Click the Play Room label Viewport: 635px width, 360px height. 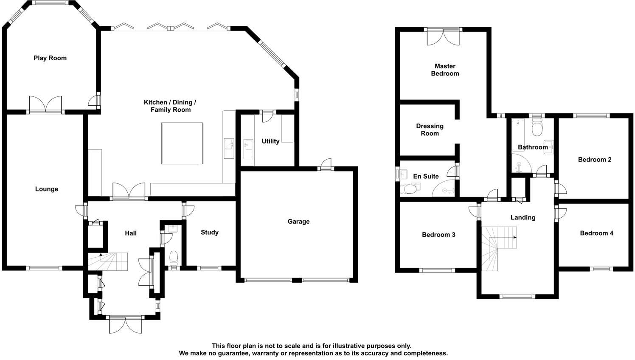point(50,58)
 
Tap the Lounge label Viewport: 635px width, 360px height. point(46,189)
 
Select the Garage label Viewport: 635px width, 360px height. point(298,221)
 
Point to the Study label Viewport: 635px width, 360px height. point(210,232)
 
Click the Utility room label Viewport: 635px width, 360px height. point(270,141)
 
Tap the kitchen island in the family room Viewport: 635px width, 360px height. point(182,143)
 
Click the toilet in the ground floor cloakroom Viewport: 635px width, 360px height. point(174,257)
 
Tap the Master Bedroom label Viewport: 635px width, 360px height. point(445,70)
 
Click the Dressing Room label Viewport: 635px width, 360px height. point(430,129)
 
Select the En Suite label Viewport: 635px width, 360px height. point(426,176)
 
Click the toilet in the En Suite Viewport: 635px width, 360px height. point(408,188)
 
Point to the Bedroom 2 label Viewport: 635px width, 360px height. point(595,160)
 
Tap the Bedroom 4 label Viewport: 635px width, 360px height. point(596,233)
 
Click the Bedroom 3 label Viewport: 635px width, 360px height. point(438,235)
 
